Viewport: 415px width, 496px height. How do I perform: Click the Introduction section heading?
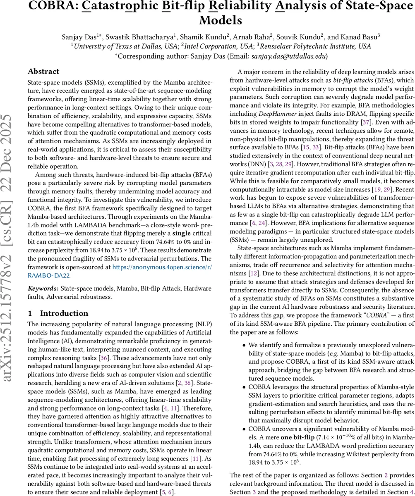pos(64,313)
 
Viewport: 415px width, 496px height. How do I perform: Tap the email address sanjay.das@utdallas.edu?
pos(289,56)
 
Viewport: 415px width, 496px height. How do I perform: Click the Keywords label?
pos(43,288)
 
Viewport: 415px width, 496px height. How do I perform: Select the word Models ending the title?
pos(221,20)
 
